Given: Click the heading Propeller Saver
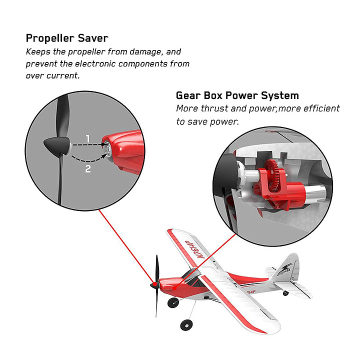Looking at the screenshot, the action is tap(67, 38).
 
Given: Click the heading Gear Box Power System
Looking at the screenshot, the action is tap(237, 95).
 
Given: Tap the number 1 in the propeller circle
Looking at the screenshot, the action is tap(87, 138).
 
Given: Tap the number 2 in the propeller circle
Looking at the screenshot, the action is tap(88, 169).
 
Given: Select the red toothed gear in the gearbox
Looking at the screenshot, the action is tap(274, 175).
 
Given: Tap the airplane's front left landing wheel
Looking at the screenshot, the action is tap(173, 302).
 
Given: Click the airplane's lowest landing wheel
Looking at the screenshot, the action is tap(186, 325).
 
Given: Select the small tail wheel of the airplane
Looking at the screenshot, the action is tap(286, 292).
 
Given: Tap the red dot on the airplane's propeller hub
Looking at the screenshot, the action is tap(155, 284).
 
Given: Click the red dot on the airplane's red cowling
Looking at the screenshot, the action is tap(174, 288).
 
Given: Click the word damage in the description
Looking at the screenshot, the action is tap(146, 52).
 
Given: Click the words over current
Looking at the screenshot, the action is tap(52, 75).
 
